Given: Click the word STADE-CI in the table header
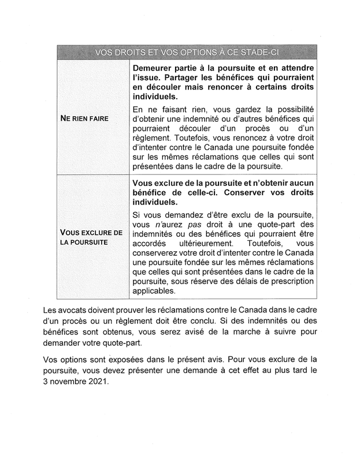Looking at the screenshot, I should click(257, 53).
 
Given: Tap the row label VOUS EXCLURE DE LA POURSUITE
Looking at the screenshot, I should click(91, 237).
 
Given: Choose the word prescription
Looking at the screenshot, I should click(287, 281).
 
